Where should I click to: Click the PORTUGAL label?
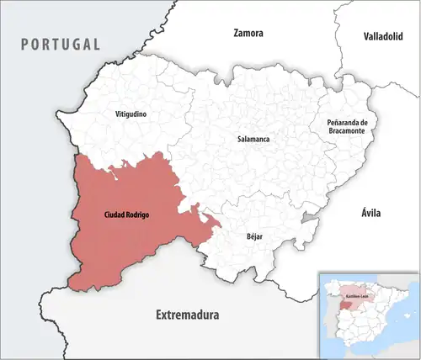[x=61, y=44]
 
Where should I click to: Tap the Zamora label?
[x=248, y=34]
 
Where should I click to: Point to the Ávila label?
[x=370, y=214]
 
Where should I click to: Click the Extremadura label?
[x=187, y=315]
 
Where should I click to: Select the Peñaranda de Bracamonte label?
[x=347, y=128]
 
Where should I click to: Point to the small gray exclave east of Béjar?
[x=309, y=218]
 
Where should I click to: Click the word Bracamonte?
[x=347, y=133]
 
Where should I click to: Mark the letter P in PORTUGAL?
[x=26, y=44]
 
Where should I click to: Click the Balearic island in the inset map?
[x=407, y=315]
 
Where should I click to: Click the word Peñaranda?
[x=344, y=123]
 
